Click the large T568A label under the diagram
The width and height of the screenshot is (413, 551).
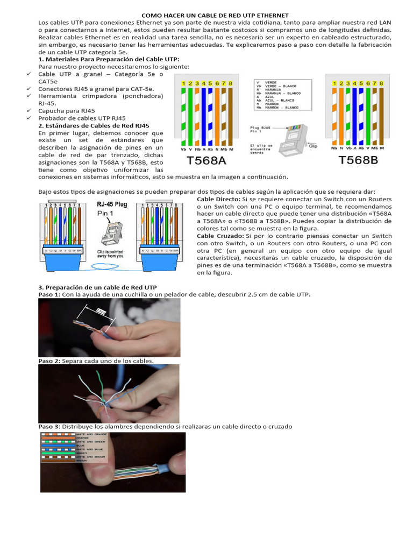[x=205, y=160]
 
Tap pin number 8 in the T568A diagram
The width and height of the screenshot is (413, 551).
[x=230, y=84]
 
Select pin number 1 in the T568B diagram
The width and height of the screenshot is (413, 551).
[x=335, y=84]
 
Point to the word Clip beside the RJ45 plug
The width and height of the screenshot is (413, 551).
[x=313, y=145]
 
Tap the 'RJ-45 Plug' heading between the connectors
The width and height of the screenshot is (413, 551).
[x=111, y=204]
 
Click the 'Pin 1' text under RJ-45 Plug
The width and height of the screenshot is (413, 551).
[x=106, y=213]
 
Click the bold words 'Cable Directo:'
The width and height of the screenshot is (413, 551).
[x=219, y=199]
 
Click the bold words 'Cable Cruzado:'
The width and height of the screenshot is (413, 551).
[x=220, y=236]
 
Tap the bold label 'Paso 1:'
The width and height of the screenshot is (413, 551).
[x=49, y=295]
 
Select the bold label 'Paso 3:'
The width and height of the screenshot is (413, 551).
[x=49, y=426]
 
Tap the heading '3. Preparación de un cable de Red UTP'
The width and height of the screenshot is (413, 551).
[x=97, y=287]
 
